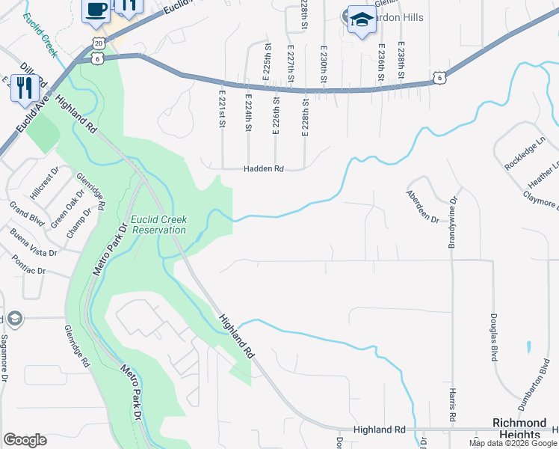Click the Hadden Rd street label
click(264, 169)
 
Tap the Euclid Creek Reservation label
click(158, 224)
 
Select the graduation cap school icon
click(362, 20)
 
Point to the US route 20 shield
click(98, 44)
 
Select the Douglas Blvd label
click(494, 337)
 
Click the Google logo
click(25, 439)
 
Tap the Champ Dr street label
click(77, 223)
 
